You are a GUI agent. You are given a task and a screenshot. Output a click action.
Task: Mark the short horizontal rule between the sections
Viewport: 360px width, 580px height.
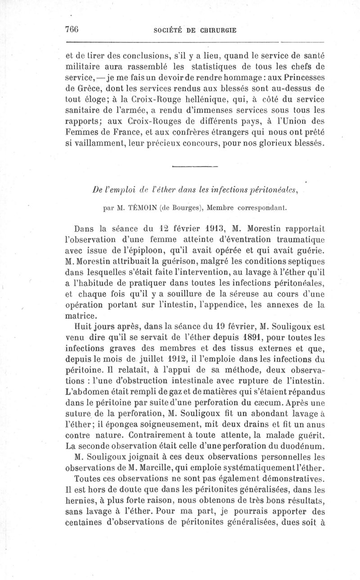coord(195,166)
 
